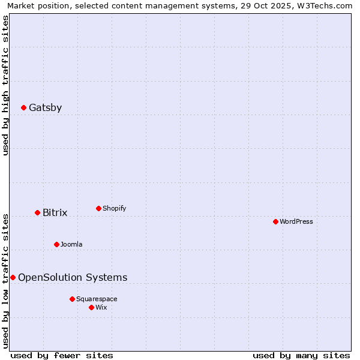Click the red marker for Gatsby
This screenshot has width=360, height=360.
click(x=23, y=108)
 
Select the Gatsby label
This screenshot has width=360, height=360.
click(x=45, y=108)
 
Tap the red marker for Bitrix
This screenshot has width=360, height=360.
click(x=37, y=213)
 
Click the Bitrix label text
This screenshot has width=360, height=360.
click(x=55, y=213)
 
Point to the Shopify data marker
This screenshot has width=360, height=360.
click(x=98, y=209)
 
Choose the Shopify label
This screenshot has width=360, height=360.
click(x=114, y=209)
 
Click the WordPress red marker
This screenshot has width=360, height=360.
click(x=275, y=222)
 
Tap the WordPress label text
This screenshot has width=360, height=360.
click(x=296, y=222)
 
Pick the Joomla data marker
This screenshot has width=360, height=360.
click(x=56, y=245)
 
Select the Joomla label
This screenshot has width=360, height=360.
click(x=71, y=245)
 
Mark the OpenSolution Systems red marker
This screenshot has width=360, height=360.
click(x=13, y=278)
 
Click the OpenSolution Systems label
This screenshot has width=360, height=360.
click(x=73, y=278)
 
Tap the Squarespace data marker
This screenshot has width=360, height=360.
click(x=72, y=299)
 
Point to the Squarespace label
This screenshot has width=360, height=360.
click(x=97, y=299)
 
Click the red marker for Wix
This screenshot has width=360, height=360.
click(x=91, y=308)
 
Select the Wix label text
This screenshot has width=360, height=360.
click(x=101, y=308)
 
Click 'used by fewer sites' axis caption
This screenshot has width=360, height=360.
click(x=62, y=355)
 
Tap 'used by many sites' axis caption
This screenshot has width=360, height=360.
click(x=301, y=355)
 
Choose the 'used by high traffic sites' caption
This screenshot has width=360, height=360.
click(x=6, y=85)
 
